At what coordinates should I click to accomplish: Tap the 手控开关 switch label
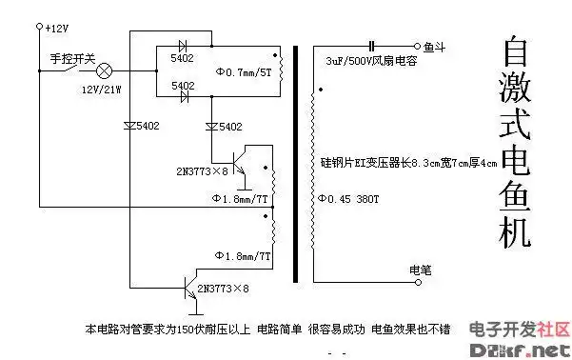pyautogui.click(x=72, y=59)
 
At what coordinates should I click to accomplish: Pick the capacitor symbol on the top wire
pyautogui.click(x=372, y=45)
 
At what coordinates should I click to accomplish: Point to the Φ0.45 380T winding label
pyautogui.click(x=346, y=198)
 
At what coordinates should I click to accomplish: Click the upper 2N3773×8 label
pyautogui.click(x=203, y=171)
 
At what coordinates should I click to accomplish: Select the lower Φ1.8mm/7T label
pyautogui.click(x=243, y=256)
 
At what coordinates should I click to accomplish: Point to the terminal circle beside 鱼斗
pyautogui.click(x=416, y=46)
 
